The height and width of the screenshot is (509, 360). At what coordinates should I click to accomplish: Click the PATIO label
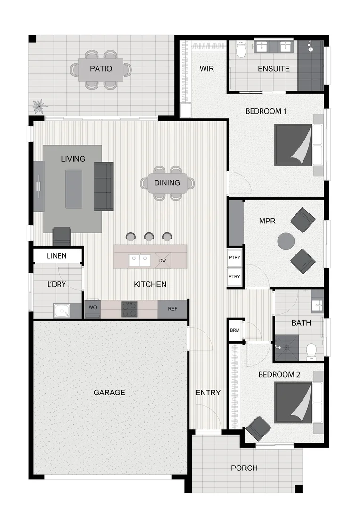(101, 69)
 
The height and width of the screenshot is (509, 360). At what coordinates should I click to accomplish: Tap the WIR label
(206, 69)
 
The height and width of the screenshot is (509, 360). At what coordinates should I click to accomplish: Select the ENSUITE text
(273, 69)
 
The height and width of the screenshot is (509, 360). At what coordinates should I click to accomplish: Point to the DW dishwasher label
(163, 260)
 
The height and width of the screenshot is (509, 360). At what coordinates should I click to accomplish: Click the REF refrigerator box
(173, 309)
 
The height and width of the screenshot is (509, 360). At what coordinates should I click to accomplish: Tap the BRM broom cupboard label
(235, 330)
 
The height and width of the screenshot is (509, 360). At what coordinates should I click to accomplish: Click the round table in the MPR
(286, 241)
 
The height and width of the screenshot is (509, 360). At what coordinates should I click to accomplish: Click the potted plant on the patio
(39, 105)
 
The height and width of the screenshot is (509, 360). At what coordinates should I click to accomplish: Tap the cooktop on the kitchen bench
(129, 309)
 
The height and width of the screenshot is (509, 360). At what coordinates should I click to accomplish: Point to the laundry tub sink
(61, 311)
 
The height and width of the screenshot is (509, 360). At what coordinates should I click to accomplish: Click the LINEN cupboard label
(57, 256)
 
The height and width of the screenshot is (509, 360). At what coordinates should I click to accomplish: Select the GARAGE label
(109, 392)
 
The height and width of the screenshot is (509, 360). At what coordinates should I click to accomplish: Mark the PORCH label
(244, 468)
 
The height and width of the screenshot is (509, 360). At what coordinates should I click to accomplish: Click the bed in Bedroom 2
(294, 401)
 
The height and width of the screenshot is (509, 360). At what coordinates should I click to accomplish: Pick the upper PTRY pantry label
(234, 259)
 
